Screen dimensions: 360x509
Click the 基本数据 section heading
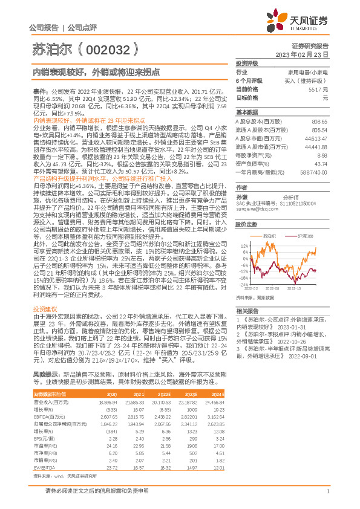[246, 112]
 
